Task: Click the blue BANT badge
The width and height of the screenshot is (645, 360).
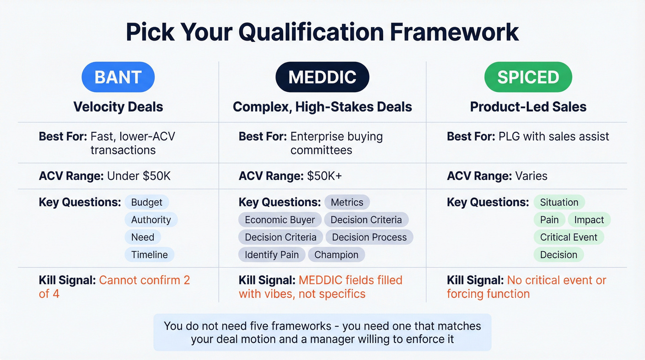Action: click(x=118, y=77)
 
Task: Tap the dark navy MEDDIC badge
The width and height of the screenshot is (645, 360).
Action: click(x=322, y=77)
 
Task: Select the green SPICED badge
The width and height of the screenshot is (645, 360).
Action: click(x=528, y=77)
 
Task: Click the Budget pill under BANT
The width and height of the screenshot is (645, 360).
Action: click(x=147, y=202)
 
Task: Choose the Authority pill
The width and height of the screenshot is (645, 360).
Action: click(x=151, y=220)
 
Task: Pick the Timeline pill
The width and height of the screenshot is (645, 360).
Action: click(x=149, y=255)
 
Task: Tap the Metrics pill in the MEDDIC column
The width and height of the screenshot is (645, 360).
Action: click(x=347, y=202)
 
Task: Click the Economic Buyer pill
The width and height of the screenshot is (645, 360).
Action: click(x=280, y=220)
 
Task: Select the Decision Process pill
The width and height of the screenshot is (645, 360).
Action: click(x=369, y=237)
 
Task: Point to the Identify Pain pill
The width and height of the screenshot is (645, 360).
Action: click(x=271, y=255)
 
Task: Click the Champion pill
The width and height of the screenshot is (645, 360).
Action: click(x=336, y=255)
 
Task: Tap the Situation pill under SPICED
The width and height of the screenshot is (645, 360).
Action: click(x=559, y=202)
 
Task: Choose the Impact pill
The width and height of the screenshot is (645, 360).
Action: click(x=589, y=220)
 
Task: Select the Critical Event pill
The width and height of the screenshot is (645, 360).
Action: click(x=569, y=237)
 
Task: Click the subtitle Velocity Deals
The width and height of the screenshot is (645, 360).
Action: click(x=118, y=107)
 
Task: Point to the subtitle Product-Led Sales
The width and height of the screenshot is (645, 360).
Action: click(x=528, y=107)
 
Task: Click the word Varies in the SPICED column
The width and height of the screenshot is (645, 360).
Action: click(x=531, y=176)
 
